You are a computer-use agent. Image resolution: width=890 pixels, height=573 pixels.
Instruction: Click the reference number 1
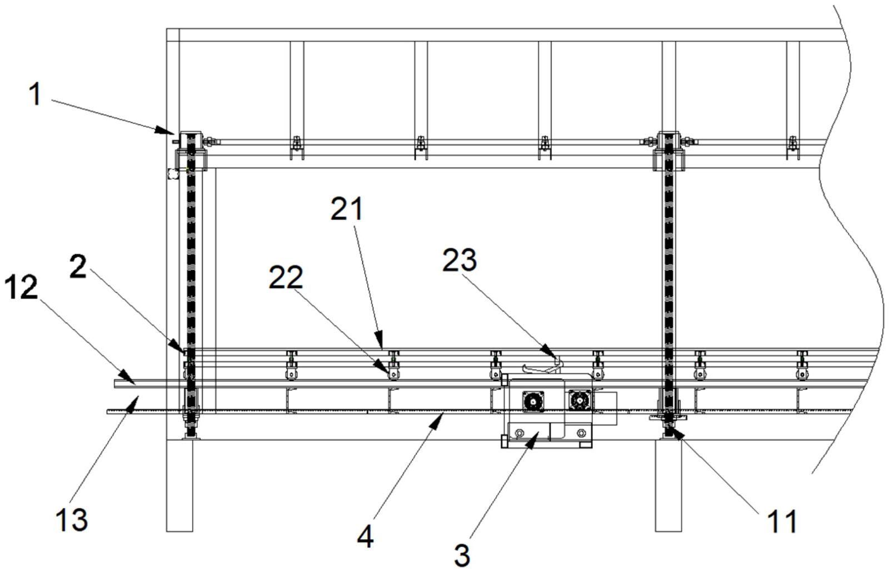tap(36, 95)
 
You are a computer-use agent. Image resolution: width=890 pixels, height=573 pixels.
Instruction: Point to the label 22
tap(286, 277)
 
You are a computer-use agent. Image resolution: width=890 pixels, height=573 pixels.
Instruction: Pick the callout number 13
tap(72, 520)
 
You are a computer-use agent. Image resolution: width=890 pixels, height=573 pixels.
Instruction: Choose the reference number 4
tap(365, 538)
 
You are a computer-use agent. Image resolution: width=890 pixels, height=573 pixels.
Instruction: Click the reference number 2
tap(78, 267)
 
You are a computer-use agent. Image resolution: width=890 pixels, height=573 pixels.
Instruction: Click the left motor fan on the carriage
tap(533, 402)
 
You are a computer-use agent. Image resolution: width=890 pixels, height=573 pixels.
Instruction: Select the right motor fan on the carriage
tap(579, 401)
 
